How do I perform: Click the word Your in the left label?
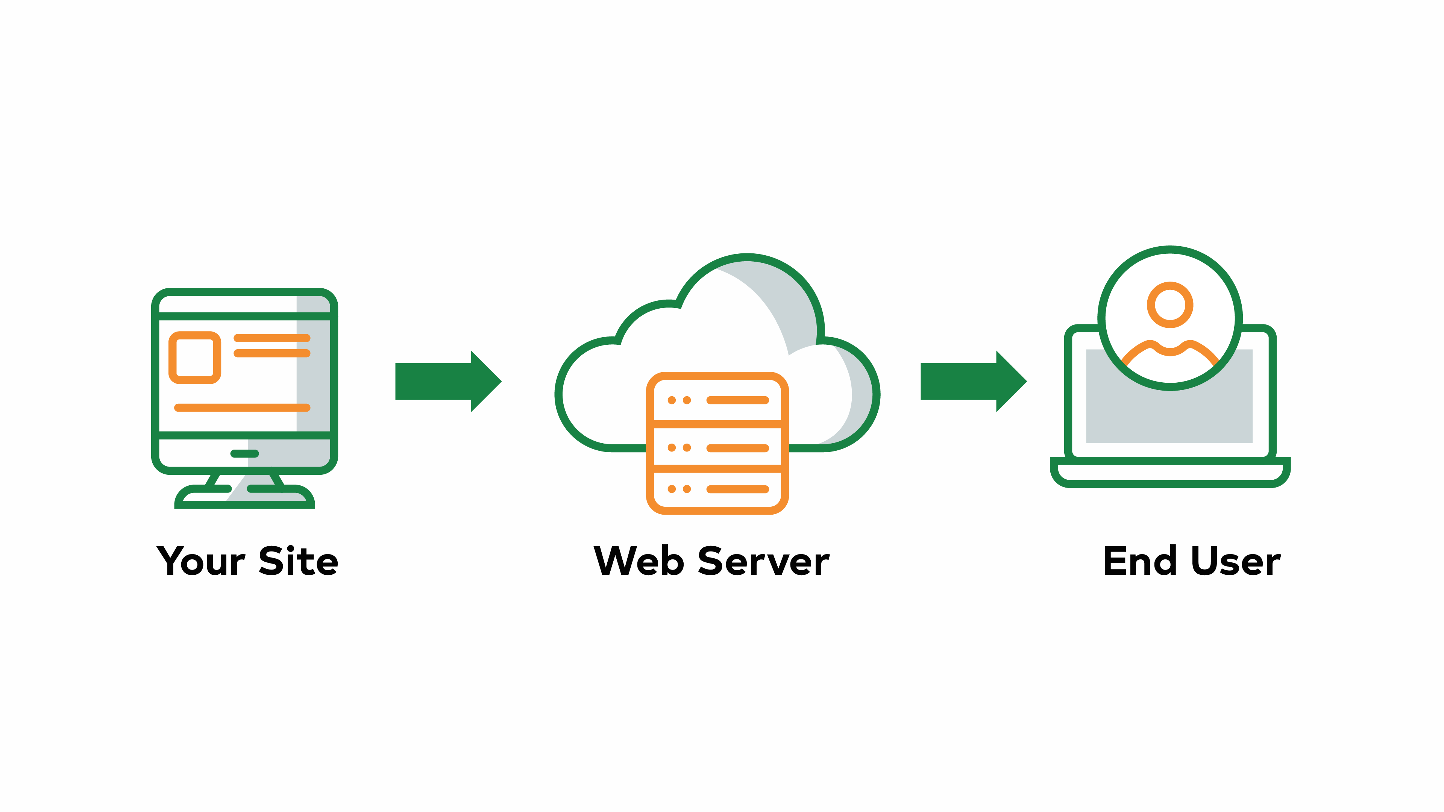(201, 562)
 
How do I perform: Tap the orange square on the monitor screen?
(194, 358)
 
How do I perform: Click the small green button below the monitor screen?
(244, 453)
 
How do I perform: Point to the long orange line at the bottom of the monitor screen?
(242, 408)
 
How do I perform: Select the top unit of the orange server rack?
(717, 400)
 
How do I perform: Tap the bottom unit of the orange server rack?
(717, 489)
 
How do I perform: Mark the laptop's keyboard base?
(1170, 474)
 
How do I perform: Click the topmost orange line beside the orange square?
(272, 338)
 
